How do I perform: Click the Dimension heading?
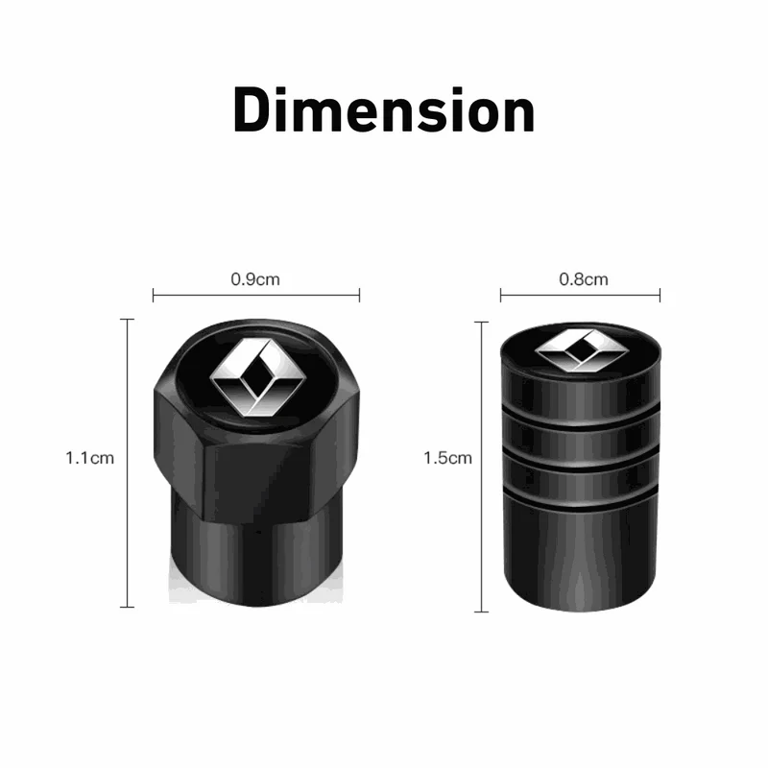(x=384, y=109)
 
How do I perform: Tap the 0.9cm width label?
(x=255, y=279)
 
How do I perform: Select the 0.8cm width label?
(x=584, y=279)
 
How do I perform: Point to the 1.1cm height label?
(x=89, y=458)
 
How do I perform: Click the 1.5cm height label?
(x=447, y=458)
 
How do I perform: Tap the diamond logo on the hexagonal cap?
(x=257, y=377)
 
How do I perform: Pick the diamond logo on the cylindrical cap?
(x=582, y=349)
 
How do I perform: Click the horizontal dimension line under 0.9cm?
(x=256, y=296)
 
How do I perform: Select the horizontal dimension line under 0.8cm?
(x=580, y=296)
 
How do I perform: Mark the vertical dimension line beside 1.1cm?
(x=128, y=463)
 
